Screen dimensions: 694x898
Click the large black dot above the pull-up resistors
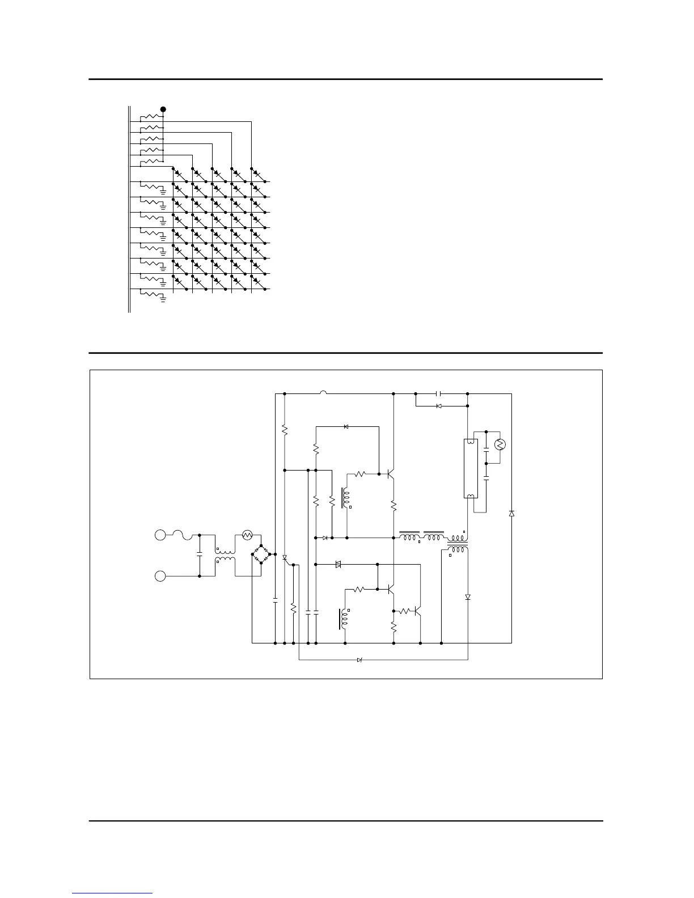(x=163, y=109)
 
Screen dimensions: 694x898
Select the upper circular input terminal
(x=160, y=535)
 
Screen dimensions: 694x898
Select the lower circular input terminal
(x=160, y=576)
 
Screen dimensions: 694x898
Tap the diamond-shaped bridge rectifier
(x=260, y=554)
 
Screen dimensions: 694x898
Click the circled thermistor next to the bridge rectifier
(x=247, y=534)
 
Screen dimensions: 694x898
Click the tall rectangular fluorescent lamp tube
(x=470, y=468)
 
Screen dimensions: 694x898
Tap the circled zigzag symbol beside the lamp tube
(x=500, y=444)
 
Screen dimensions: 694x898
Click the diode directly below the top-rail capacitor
(x=439, y=406)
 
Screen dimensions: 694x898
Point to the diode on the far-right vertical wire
(x=511, y=513)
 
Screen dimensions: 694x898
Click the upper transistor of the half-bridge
(x=391, y=474)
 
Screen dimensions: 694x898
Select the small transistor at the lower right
(x=417, y=611)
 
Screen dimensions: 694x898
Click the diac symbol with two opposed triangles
(x=338, y=565)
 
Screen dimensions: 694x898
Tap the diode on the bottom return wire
(x=359, y=660)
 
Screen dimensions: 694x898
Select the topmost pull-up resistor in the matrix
(x=151, y=117)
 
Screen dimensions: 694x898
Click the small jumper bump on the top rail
(x=323, y=392)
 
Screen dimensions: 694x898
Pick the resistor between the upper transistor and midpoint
(x=393, y=506)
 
